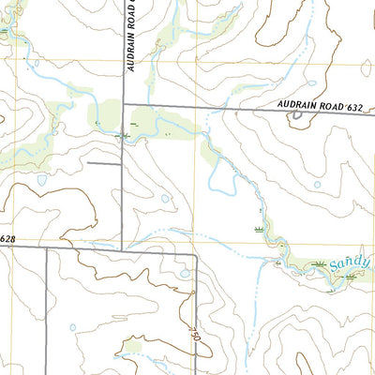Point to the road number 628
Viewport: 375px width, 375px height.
[x=7, y=240]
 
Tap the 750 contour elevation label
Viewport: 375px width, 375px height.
[x=194, y=335]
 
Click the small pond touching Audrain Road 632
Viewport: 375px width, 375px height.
[x=298, y=115]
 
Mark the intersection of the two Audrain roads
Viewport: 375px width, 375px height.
[x=125, y=104]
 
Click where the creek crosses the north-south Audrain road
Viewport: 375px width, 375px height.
[x=125, y=137]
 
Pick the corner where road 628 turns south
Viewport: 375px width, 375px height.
[x=195, y=253]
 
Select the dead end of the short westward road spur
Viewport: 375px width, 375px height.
[x=89, y=163]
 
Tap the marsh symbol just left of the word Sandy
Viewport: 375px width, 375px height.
[x=322, y=266]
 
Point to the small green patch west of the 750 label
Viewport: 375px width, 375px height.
[x=132, y=348]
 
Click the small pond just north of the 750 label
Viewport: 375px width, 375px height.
[x=186, y=273]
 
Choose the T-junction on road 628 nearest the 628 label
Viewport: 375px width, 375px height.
[x=45, y=248]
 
